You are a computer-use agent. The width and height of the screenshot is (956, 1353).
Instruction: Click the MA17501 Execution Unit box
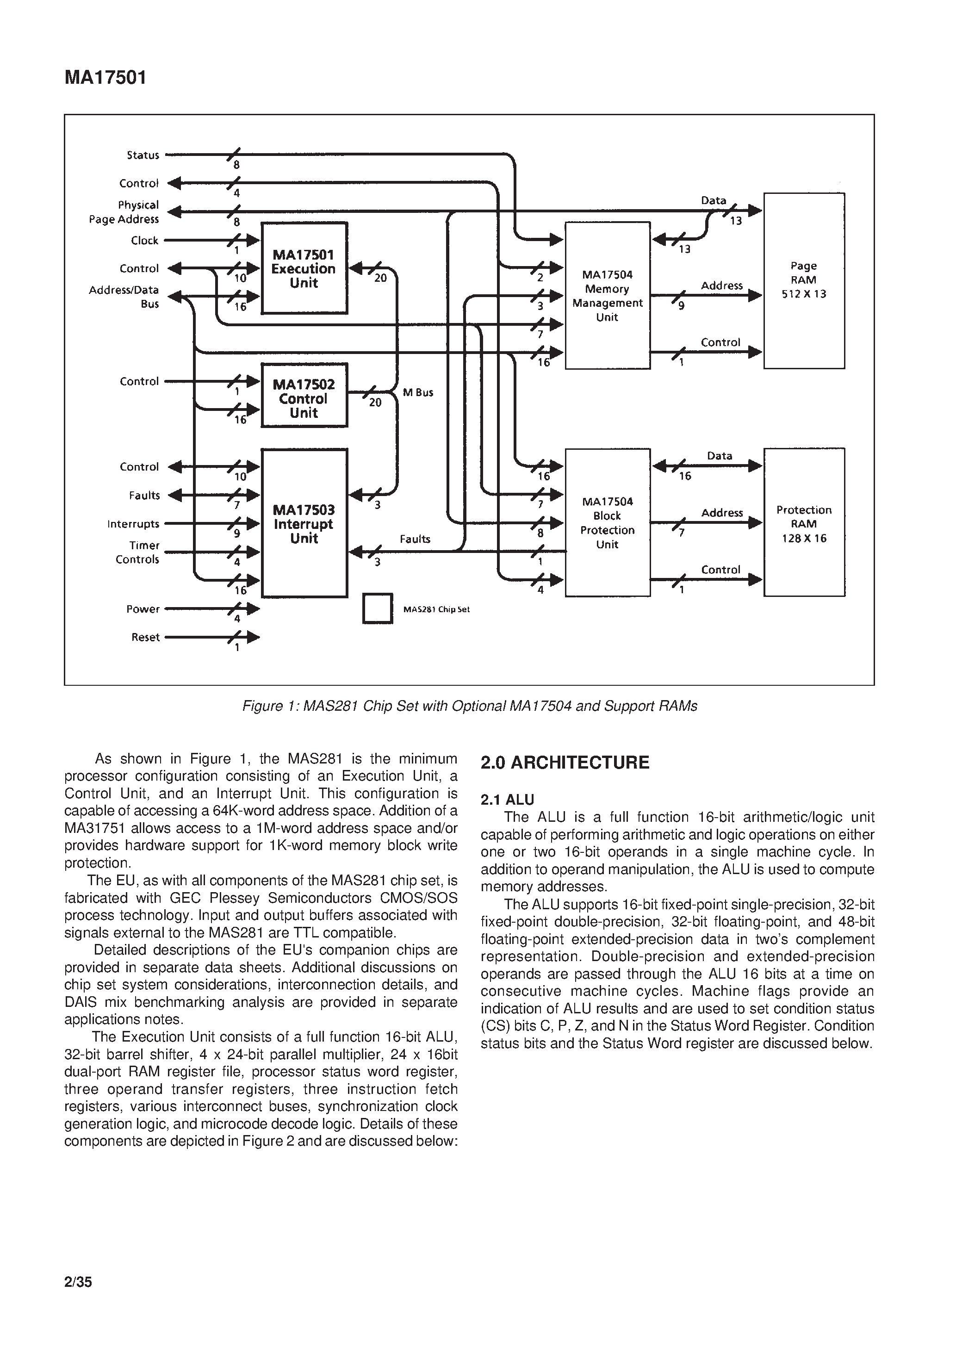click(304, 268)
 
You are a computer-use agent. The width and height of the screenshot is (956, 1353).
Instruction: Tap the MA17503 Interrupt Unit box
click(304, 524)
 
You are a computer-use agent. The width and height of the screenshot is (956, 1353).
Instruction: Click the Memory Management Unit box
click(608, 296)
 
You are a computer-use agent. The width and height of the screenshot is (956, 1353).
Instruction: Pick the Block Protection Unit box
click(608, 523)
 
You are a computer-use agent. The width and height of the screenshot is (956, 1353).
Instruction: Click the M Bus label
click(418, 392)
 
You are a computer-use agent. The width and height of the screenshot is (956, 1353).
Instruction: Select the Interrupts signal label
click(133, 524)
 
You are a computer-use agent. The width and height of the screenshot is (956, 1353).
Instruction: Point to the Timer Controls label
click(138, 553)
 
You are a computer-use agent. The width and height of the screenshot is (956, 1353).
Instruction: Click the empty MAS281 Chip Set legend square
click(377, 608)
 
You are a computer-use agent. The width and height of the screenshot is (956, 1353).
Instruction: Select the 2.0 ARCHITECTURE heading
click(565, 763)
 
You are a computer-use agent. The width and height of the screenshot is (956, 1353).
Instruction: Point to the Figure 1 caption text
click(470, 706)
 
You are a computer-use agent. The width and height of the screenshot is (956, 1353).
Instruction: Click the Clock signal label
click(145, 241)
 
